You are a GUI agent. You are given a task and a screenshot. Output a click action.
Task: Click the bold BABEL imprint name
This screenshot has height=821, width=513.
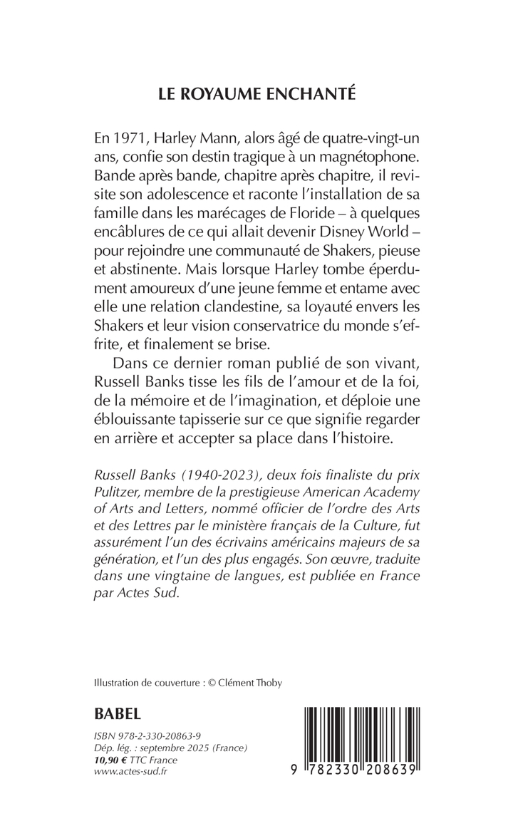tap(118, 713)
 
